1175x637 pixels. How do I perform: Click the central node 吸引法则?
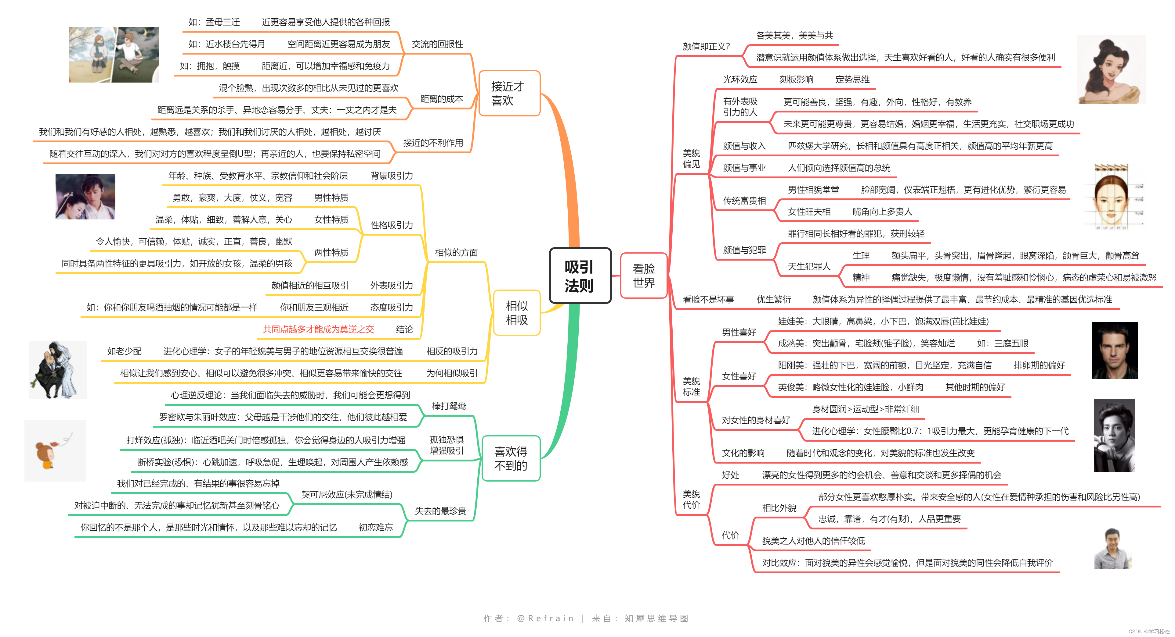580,276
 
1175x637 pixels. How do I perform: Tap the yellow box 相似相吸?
516,313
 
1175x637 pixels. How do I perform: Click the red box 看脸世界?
644,276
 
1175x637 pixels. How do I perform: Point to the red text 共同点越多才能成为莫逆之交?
318,329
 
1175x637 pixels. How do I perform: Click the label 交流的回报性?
437,44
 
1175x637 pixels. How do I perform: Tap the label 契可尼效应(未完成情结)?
347,494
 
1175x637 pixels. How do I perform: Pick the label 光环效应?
739,79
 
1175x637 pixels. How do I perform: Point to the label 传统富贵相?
744,201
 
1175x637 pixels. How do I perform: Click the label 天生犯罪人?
809,267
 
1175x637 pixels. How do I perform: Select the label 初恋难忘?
375,527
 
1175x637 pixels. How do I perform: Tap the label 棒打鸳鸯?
449,406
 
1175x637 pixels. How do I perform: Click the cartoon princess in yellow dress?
1111,70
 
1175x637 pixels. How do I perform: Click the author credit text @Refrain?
545,618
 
